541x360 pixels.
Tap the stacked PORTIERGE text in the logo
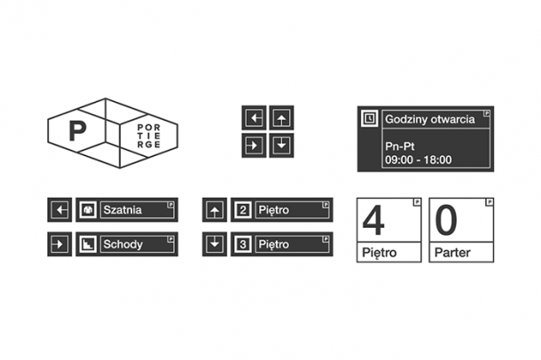click(149, 136)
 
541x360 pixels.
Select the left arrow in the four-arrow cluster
click(255, 118)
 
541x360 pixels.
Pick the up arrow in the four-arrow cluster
click(281, 118)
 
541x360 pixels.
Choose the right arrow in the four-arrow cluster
click(255, 145)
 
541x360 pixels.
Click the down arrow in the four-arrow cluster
click(281, 145)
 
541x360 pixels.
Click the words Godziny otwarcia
click(429, 119)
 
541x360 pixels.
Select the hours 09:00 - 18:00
click(419, 160)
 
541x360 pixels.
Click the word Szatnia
click(122, 210)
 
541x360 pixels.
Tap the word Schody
click(122, 244)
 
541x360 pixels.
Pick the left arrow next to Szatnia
click(59, 210)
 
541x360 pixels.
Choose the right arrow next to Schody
click(59, 244)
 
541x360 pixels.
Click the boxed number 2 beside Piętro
click(243, 210)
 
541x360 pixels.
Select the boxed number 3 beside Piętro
click(243, 244)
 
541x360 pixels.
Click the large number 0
click(446, 221)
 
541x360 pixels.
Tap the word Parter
click(452, 254)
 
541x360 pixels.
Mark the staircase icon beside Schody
click(89, 244)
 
